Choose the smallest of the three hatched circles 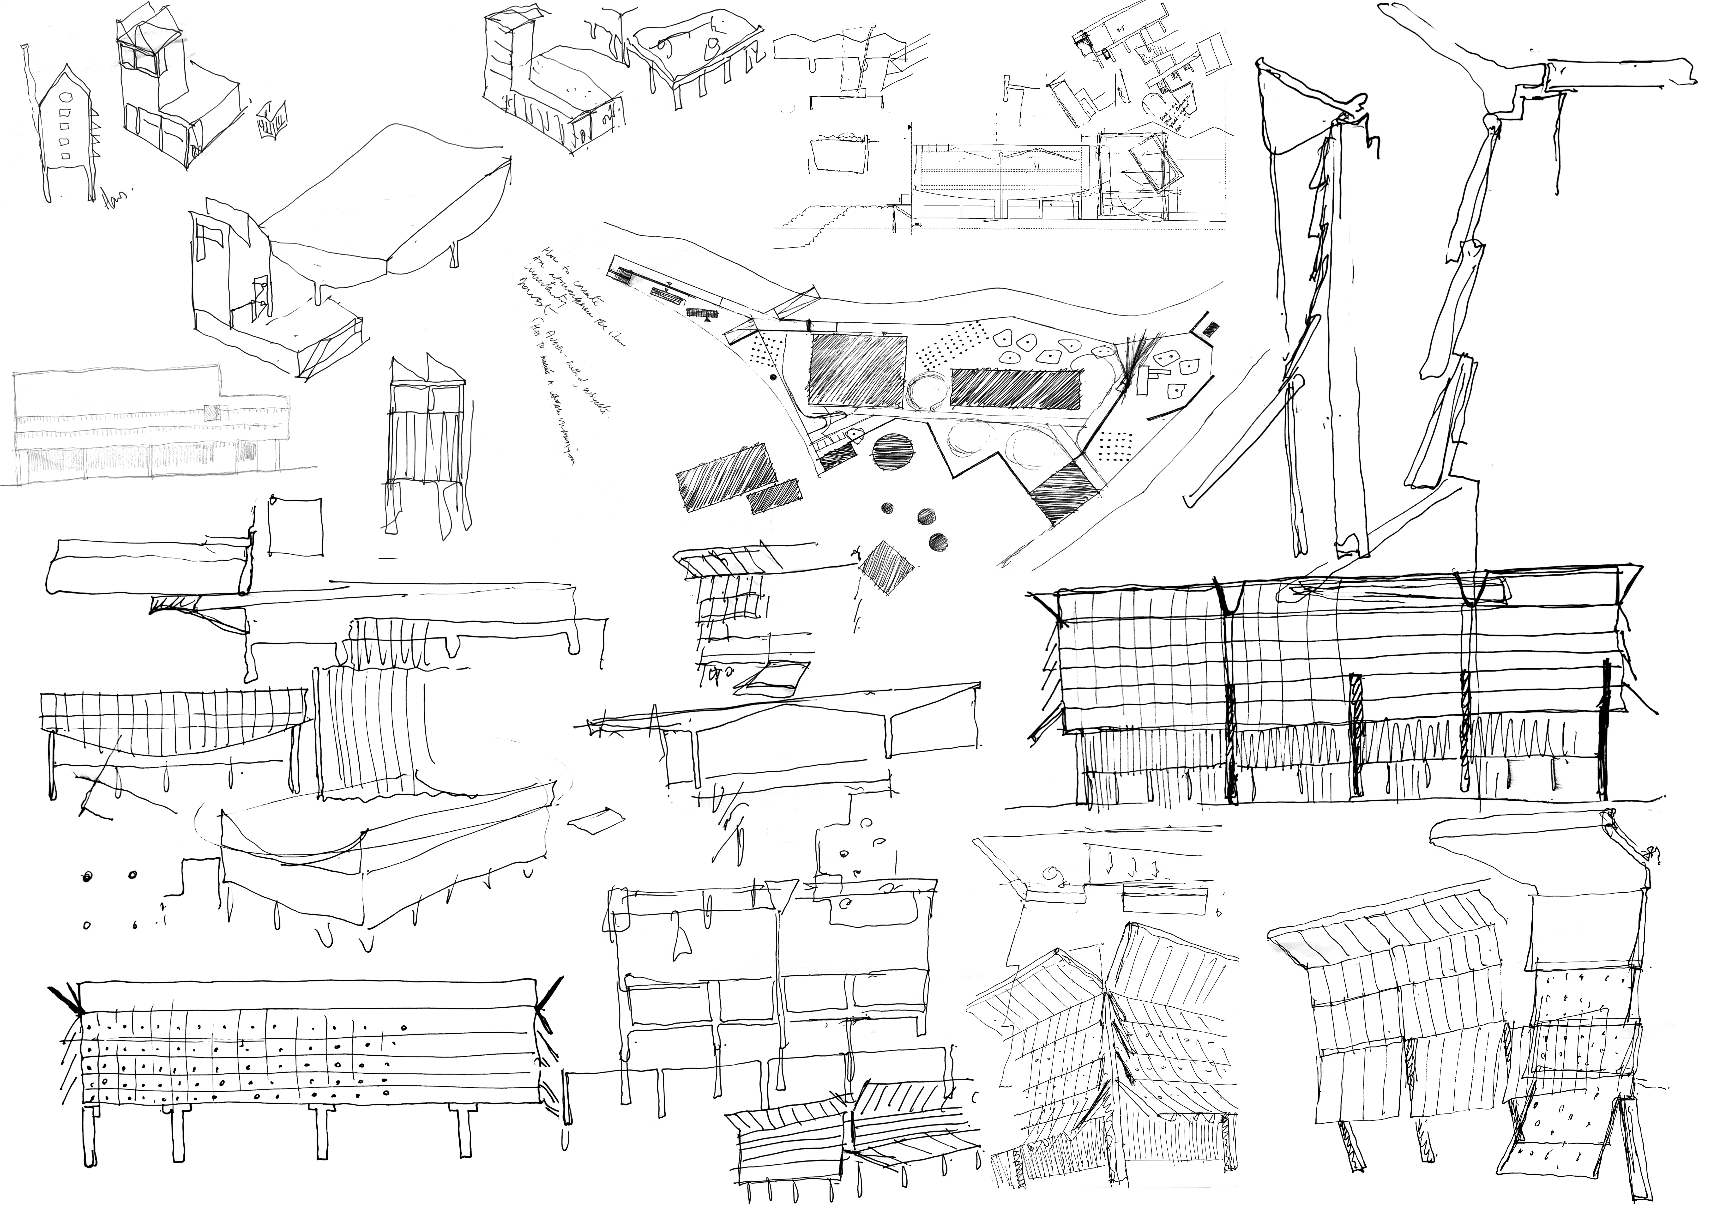point(887,508)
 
